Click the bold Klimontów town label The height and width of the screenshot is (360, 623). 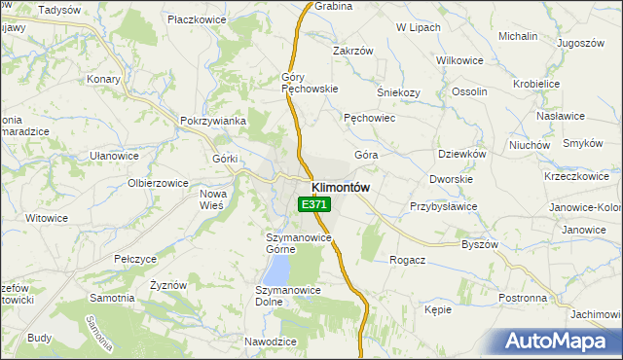(340, 187)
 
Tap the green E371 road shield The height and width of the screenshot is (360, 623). (314, 204)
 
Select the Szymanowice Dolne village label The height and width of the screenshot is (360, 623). (282, 296)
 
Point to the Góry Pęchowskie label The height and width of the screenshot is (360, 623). (309, 83)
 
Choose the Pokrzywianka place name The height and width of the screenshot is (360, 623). (212, 121)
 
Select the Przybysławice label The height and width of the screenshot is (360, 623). (443, 206)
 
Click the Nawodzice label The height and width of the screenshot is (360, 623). (270, 342)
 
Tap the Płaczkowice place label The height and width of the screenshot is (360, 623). (197, 18)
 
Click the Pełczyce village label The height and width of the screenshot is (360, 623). (135, 260)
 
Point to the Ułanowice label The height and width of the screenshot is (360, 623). (114, 156)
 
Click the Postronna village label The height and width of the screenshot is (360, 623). (522, 297)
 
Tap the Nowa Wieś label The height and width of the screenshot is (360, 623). (212, 199)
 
